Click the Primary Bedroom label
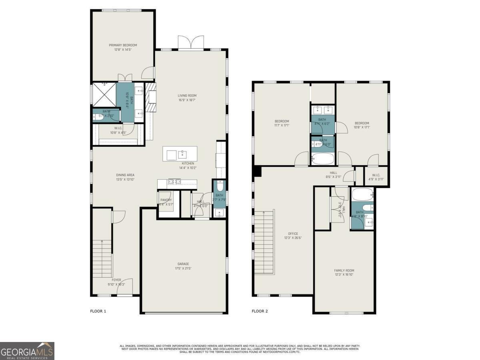123,45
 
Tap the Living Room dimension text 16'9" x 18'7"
187,100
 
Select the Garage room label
183,264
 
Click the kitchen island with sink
180,154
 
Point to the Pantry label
166,200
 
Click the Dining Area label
125,175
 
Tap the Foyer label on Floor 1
116,280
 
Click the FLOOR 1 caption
98,311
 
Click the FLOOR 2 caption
260,311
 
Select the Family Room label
344,270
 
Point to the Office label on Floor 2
293,234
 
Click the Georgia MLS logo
27,351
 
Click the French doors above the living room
191,43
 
